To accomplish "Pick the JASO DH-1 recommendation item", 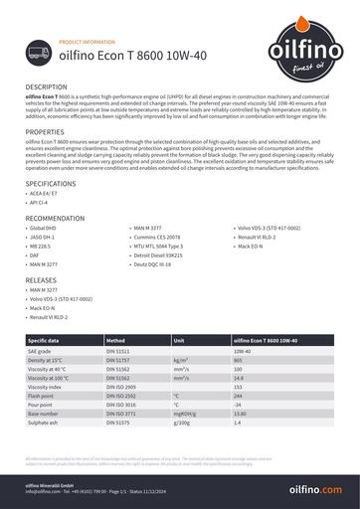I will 45,238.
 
